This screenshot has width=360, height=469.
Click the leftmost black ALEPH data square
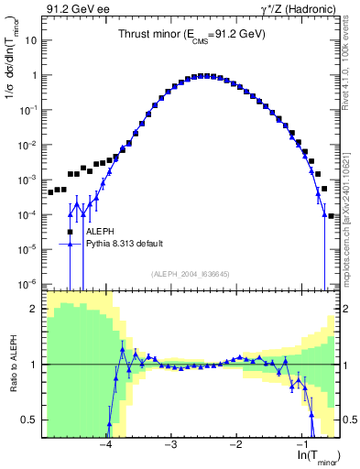pos(49,194)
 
